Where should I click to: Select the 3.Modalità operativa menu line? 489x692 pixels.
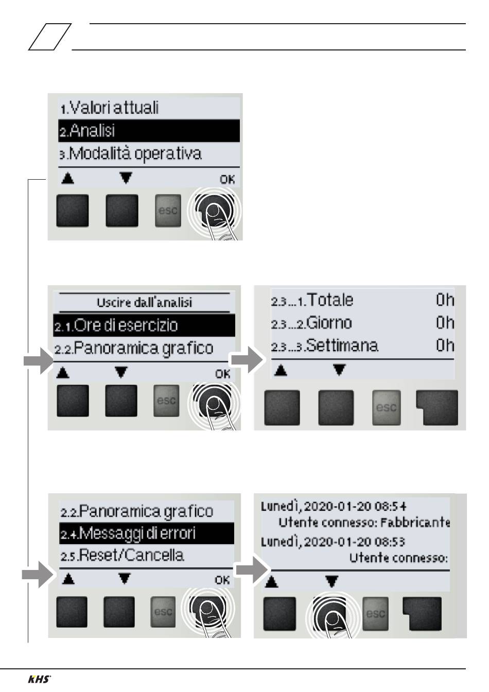pyautogui.click(x=130, y=154)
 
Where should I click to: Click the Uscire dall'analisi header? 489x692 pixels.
pyautogui.click(x=144, y=302)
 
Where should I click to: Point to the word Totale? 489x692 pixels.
pyautogui.click(x=330, y=300)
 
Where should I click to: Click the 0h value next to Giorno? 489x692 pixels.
pyautogui.click(x=445, y=323)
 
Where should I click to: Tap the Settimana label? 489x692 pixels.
pyautogui.click(x=342, y=345)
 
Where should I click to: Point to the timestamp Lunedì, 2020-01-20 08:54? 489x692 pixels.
pyautogui.click(x=334, y=506)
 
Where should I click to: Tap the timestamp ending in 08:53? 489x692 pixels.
pyautogui.click(x=333, y=542)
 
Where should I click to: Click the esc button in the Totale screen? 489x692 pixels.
pyautogui.click(x=387, y=407)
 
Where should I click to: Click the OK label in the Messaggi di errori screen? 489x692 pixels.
pyautogui.click(x=222, y=580)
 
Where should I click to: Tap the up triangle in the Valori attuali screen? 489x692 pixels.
pyautogui.click(x=68, y=179)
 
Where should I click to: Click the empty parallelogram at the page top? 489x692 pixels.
pyautogui.click(x=49, y=38)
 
